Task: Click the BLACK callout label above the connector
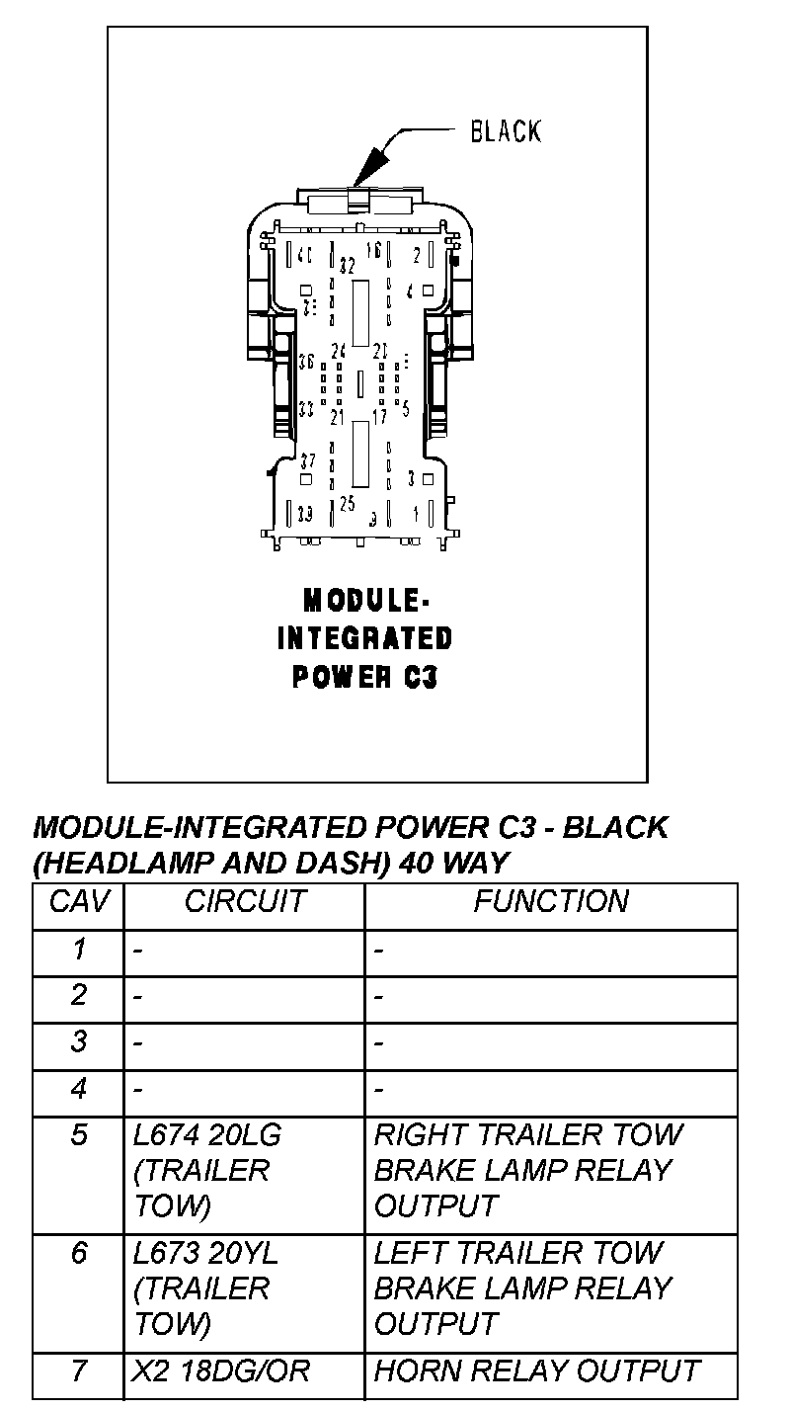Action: point(506,131)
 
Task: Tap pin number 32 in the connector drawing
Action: point(347,266)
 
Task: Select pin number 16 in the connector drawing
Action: point(373,250)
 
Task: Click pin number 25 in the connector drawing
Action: point(347,503)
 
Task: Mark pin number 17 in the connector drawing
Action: point(379,417)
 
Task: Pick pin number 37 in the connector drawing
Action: point(307,460)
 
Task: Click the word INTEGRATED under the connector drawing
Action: point(364,638)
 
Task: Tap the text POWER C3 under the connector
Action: point(364,678)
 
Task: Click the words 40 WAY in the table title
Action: point(453,863)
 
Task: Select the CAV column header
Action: point(78,901)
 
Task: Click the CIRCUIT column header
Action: point(245,901)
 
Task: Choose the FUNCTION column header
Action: point(550,901)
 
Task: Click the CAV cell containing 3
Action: point(78,1042)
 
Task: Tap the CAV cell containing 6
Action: point(78,1254)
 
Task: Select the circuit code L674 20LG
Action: point(207,1135)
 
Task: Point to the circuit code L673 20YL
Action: point(206,1254)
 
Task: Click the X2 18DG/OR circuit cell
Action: point(221,1371)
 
